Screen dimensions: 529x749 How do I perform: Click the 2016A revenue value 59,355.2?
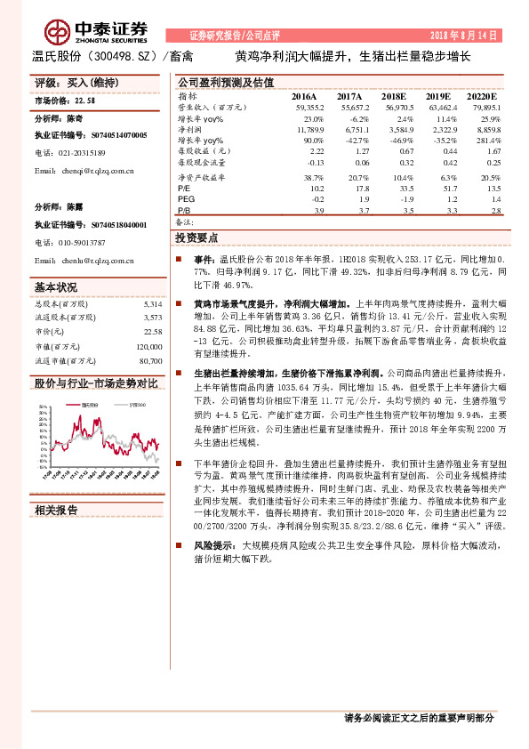(306, 107)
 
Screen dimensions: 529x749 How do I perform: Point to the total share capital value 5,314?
(152, 304)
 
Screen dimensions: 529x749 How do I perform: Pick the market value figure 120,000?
(149, 347)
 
